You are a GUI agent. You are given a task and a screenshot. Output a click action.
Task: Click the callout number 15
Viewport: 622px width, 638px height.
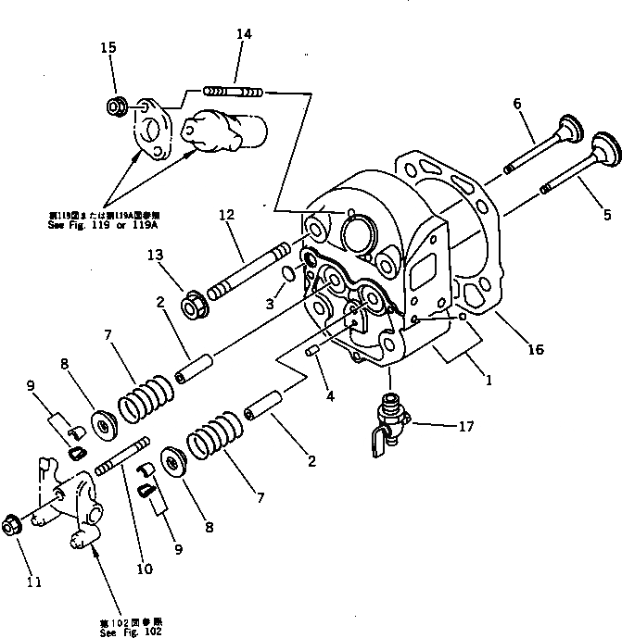click(109, 48)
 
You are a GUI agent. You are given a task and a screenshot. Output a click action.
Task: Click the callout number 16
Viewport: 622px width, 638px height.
click(537, 350)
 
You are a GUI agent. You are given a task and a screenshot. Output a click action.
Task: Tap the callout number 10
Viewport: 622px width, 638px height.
click(144, 569)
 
